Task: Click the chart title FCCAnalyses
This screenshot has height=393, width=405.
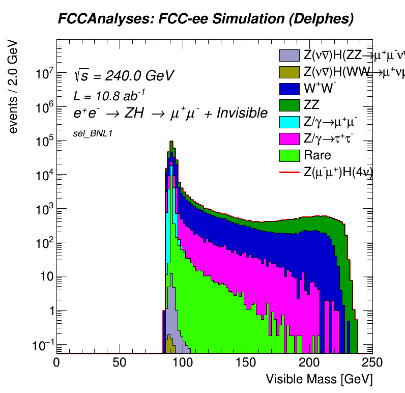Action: coord(206,19)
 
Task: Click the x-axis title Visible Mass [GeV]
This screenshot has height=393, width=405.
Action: coord(320,379)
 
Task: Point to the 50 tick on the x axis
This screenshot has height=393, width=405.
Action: coord(120,362)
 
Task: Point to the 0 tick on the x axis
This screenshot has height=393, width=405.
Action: coord(57,362)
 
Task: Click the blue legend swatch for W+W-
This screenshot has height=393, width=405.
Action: coord(290,89)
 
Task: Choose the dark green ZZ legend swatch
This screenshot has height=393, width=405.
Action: coord(290,105)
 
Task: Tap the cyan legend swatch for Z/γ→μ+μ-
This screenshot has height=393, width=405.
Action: coord(290,122)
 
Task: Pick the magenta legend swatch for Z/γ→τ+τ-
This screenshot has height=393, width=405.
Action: coord(290,139)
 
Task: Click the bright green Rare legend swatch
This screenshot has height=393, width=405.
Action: coord(290,156)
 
